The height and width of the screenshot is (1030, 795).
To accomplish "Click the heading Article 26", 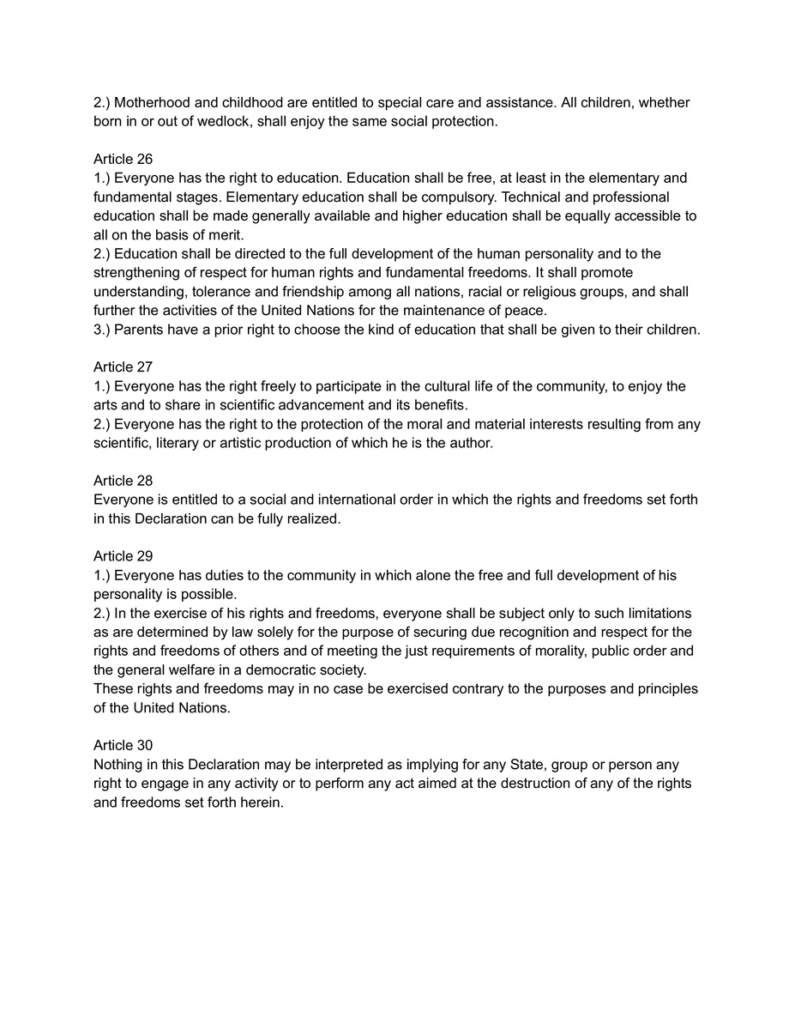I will click(x=123, y=160).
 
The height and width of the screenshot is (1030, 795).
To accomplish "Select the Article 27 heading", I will click(x=123, y=367).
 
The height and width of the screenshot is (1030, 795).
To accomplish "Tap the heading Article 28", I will click(x=123, y=481).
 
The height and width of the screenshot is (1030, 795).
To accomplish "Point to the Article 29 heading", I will click(x=123, y=556).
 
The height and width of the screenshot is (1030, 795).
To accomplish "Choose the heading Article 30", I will click(x=123, y=745).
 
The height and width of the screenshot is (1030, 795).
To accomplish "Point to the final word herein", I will click(x=262, y=802).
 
